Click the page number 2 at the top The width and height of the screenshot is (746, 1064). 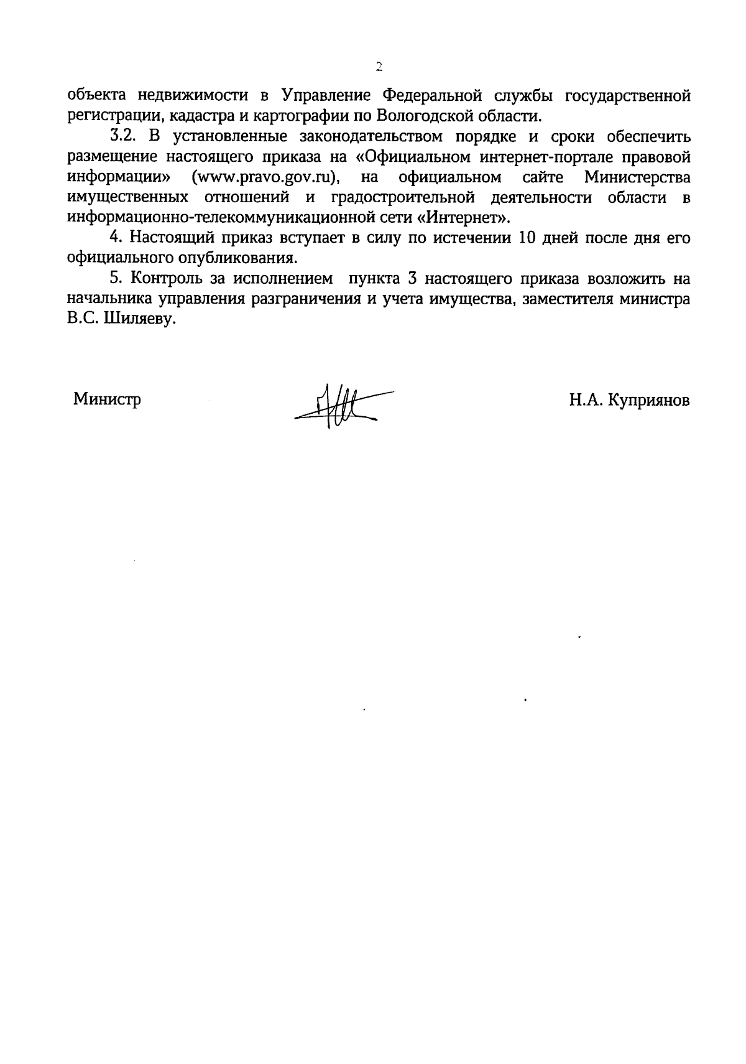click(378, 67)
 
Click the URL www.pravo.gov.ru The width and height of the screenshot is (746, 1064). click(268, 177)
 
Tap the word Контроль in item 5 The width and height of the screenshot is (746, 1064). click(165, 278)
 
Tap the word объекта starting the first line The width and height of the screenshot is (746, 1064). click(96, 96)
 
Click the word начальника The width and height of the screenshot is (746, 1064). click(108, 299)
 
